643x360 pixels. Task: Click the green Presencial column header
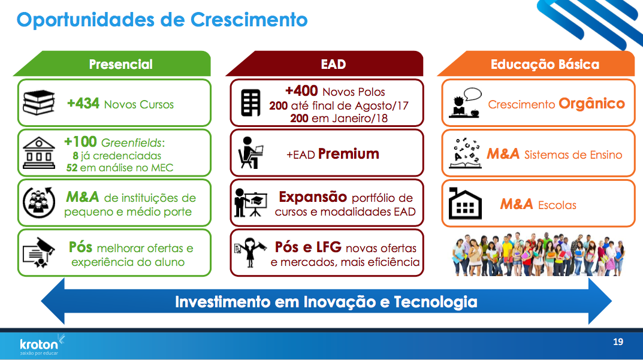click(x=113, y=64)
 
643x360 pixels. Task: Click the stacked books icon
click(x=38, y=102)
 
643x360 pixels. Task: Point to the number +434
click(x=83, y=103)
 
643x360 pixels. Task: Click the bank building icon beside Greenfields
click(x=39, y=153)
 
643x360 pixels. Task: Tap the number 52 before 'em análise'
click(x=72, y=168)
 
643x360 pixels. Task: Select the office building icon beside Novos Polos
click(x=250, y=102)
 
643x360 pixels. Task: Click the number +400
click(x=301, y=90)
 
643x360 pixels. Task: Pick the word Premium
click(x=349, y=154)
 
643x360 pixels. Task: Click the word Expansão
click(x=313, y=197)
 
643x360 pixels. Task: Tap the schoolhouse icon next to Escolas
click(x=465, y=204)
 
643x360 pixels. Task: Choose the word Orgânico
click(x=591, y=104)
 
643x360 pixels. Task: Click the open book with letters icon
click(x=465, y=153)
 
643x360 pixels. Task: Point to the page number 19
click(x=618, y=342)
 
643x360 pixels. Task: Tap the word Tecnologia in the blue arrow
click(x=436, y=302)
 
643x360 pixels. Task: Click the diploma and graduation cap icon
click(x=39, y=252)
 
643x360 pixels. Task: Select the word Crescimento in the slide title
click(x=249, y=19)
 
